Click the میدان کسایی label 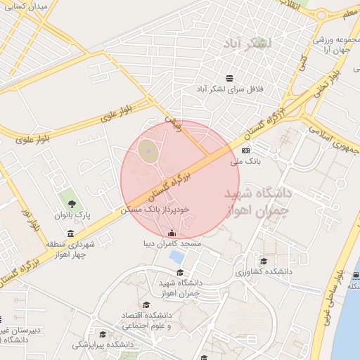pyautogui.click(x=30, y=6)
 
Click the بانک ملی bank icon pyautogui.click(x=245, y=150)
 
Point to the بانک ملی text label pyautogui.click(x=245, y=162)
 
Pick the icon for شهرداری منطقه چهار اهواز pyautogui.click(x=70, y=233)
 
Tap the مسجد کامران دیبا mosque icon pyautogui.click(x=172, y=233)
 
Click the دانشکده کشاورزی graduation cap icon pyautogui.click(x=264, y=261)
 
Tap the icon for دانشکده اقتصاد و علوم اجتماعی pyautogui.click(x=146, y=305)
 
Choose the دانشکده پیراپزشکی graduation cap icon pyautogui.click(x=103, y=334)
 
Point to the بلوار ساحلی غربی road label pyautogui.click(x=341, y=295)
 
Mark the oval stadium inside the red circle pyautogui.click(x=147, y=150)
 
